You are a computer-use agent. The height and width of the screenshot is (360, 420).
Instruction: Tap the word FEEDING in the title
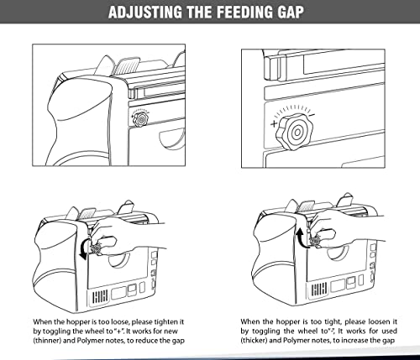pos(244,12)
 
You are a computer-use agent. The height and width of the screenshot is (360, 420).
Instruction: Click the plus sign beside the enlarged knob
pos(274,123)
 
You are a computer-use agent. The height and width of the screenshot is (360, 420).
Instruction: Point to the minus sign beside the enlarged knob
pos(312,114)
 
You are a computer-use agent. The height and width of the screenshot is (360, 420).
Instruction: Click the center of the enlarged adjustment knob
pos(296,132)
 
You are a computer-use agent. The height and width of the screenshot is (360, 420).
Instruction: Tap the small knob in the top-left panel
pos(141,120)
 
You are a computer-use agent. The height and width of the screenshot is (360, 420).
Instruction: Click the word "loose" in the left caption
pos(120,322)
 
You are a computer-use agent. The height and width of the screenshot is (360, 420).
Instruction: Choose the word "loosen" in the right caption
pos(379,321)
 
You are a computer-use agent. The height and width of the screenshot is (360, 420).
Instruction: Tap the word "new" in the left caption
pos(171,331)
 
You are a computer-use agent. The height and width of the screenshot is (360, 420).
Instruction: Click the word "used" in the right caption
pos(390,331)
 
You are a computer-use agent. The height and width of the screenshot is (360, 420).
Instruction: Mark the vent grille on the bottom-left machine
pos(100,296)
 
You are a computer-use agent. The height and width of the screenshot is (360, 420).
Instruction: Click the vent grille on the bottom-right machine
pos(318,290)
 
